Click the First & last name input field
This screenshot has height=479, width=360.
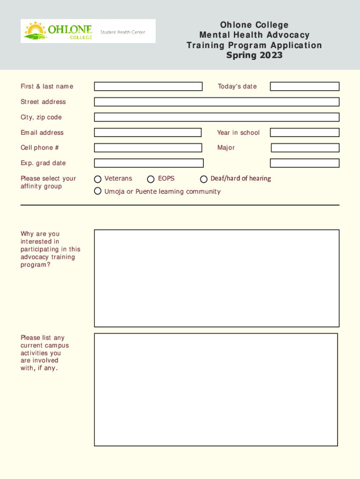[x=148, y=87]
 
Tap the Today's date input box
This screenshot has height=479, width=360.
[x=304, y=87]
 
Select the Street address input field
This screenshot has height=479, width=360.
[x=216, y=102]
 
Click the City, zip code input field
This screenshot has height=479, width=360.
[x=216, y=117]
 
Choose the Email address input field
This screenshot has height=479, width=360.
[x=148, y=133]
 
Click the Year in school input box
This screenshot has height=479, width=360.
[x=304, y=133]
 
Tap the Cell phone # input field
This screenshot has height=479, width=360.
[x=148, y=148]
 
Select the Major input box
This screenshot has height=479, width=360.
[x=305, y=148]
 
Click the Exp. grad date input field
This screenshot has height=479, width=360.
[x=149, y=163]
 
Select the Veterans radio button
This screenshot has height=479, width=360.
[x=98, y=179]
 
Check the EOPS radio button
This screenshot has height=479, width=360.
[x=151, y=179]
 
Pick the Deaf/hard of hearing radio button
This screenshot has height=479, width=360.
[x=204, y=179]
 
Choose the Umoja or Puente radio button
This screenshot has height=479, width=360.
[x=98, y=191]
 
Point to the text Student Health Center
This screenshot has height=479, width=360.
[x=123, y=32]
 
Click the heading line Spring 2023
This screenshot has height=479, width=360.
[x=254, y=56]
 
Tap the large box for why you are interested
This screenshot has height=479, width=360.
[x=216, y=278]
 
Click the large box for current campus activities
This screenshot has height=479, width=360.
[x=216, y=389]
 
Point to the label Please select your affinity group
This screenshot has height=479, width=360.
[x=48, y=182]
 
